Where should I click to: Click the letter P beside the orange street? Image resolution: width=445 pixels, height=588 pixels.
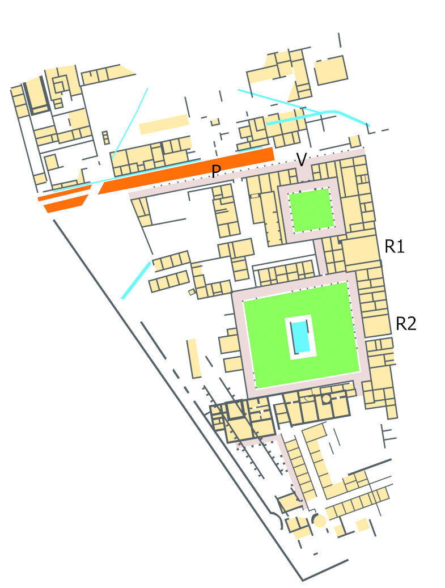coord(215,172)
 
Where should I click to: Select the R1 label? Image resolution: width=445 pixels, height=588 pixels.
coord(394,246)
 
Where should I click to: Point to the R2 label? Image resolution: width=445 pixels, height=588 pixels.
coord(406,324)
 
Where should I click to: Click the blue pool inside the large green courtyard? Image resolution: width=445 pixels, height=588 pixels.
coord(302,337)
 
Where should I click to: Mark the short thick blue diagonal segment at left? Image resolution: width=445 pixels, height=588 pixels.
coord(136,280)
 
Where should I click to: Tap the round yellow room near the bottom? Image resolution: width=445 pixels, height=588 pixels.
coord(320,521)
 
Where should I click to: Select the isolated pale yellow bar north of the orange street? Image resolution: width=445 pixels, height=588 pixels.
coord(164,124)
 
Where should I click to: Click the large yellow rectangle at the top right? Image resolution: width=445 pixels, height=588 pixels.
coord(330,70)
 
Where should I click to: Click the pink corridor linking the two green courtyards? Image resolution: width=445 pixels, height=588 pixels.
coord(321,256)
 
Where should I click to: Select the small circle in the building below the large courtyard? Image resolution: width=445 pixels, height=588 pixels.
coord(326,399)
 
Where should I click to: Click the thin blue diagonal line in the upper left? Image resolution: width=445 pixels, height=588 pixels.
coord(129,123)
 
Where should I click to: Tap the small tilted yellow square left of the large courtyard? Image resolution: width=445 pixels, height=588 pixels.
coord(192,293)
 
